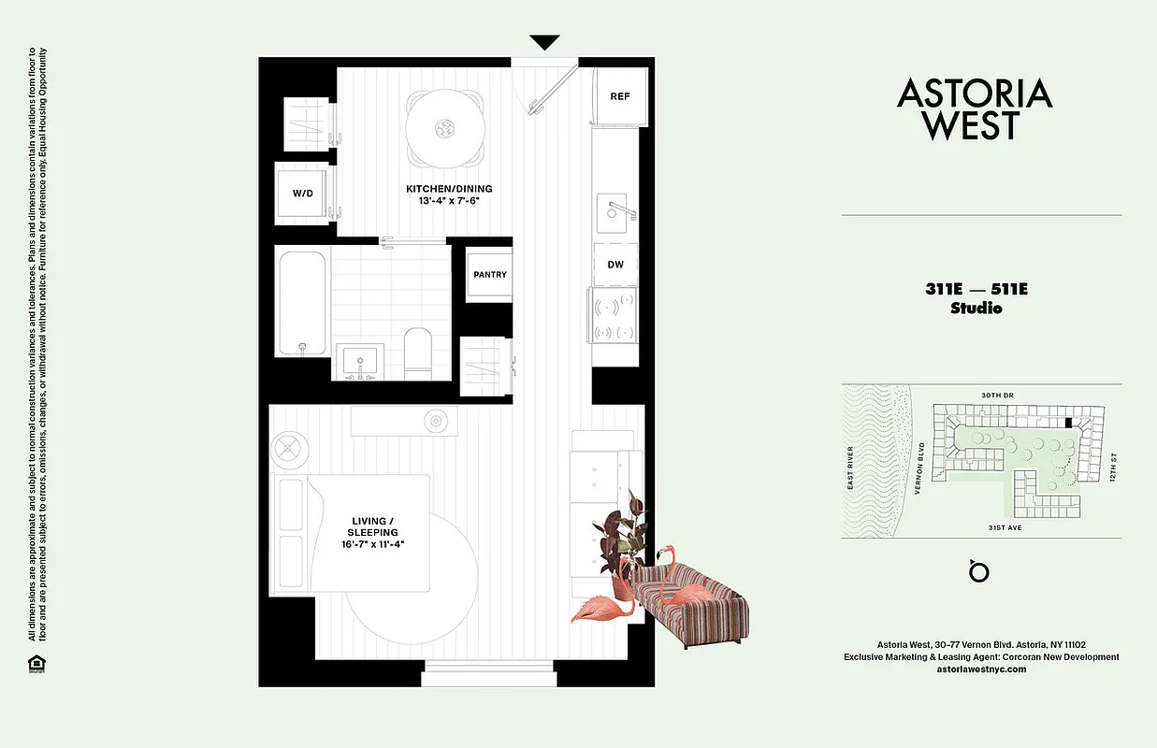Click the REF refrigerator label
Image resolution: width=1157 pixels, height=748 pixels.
619,96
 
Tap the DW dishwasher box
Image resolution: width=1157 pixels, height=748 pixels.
615,265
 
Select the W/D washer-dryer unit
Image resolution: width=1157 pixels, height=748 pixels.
302,194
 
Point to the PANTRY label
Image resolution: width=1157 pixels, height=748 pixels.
490,275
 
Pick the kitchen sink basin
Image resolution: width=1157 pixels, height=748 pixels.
615,211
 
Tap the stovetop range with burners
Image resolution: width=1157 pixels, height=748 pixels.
615,316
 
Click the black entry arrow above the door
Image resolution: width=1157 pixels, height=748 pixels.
544,42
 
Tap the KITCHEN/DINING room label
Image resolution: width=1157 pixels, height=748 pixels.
449,189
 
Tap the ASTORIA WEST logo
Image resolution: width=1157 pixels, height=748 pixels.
975,108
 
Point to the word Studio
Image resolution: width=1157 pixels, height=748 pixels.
976,308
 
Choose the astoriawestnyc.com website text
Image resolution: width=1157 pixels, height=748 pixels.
981,669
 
